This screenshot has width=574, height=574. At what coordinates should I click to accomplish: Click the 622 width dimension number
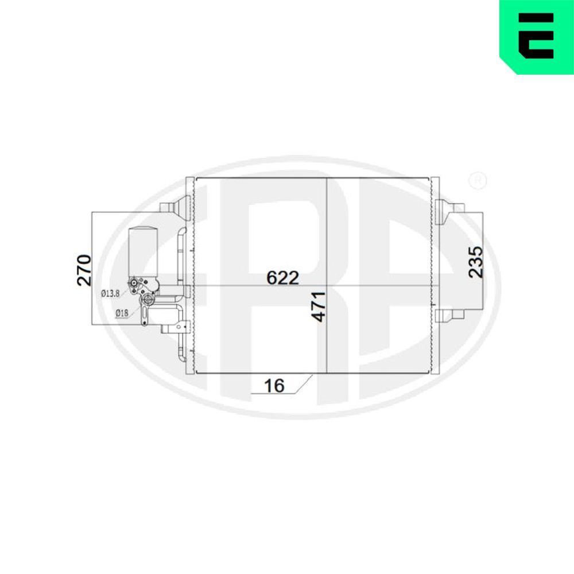(283, 278)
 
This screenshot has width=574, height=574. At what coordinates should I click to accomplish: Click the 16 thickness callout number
(275, 385)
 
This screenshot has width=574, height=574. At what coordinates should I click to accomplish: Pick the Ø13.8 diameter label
(110, 293)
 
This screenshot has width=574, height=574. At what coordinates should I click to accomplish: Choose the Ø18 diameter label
(121, 313)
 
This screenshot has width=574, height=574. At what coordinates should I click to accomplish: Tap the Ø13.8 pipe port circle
(134, 282)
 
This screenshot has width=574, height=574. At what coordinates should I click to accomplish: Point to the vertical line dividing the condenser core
(326, 241)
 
